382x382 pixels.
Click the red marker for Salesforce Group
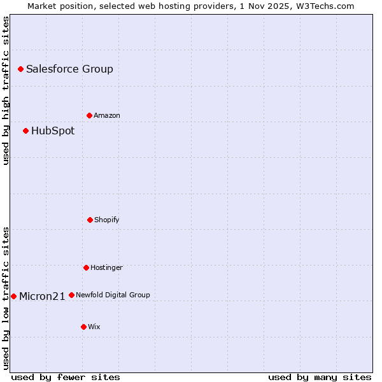coord(20,69)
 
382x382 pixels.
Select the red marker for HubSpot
coord(25,131)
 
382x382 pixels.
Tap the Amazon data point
coord(89,115)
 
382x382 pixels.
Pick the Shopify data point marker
coord(90,220)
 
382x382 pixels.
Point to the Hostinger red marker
coord(86,267)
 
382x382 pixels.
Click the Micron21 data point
coord(13,296)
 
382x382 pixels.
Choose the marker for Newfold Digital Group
coord(71,295)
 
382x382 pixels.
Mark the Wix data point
coord(83,327)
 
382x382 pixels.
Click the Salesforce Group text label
coord(69,69)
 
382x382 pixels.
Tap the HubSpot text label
coord(53,131)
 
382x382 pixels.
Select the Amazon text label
coord(107,115)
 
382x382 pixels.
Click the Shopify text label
coord(107,220)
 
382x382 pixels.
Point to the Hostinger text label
coord(106,267)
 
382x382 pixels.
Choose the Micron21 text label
coord(42,296)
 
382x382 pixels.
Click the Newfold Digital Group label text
coord(113,295)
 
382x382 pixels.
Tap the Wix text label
coord(94,327)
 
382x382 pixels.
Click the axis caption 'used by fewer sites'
coord(66,377)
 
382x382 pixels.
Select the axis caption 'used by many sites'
coord(320,377)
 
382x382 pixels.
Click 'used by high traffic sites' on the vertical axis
coord(6,90)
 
